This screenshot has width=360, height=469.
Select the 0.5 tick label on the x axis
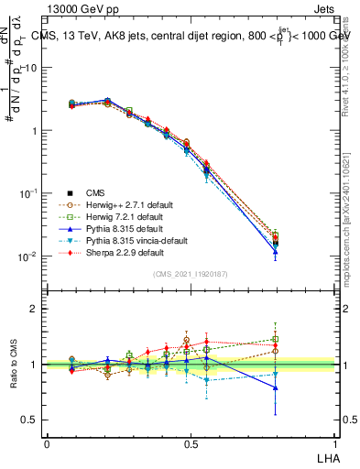pyautogui.click(x=190, y=443)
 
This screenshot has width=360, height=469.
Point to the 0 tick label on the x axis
pyautogui.click(x=47, y=443)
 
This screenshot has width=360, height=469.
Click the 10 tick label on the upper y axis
pyautogui.click(x=29, y=68)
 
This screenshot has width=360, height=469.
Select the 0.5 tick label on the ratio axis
pyautogui.click(x=29, y=420)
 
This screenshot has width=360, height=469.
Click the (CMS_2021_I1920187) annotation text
pyautogui.click(x=190, y=274)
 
